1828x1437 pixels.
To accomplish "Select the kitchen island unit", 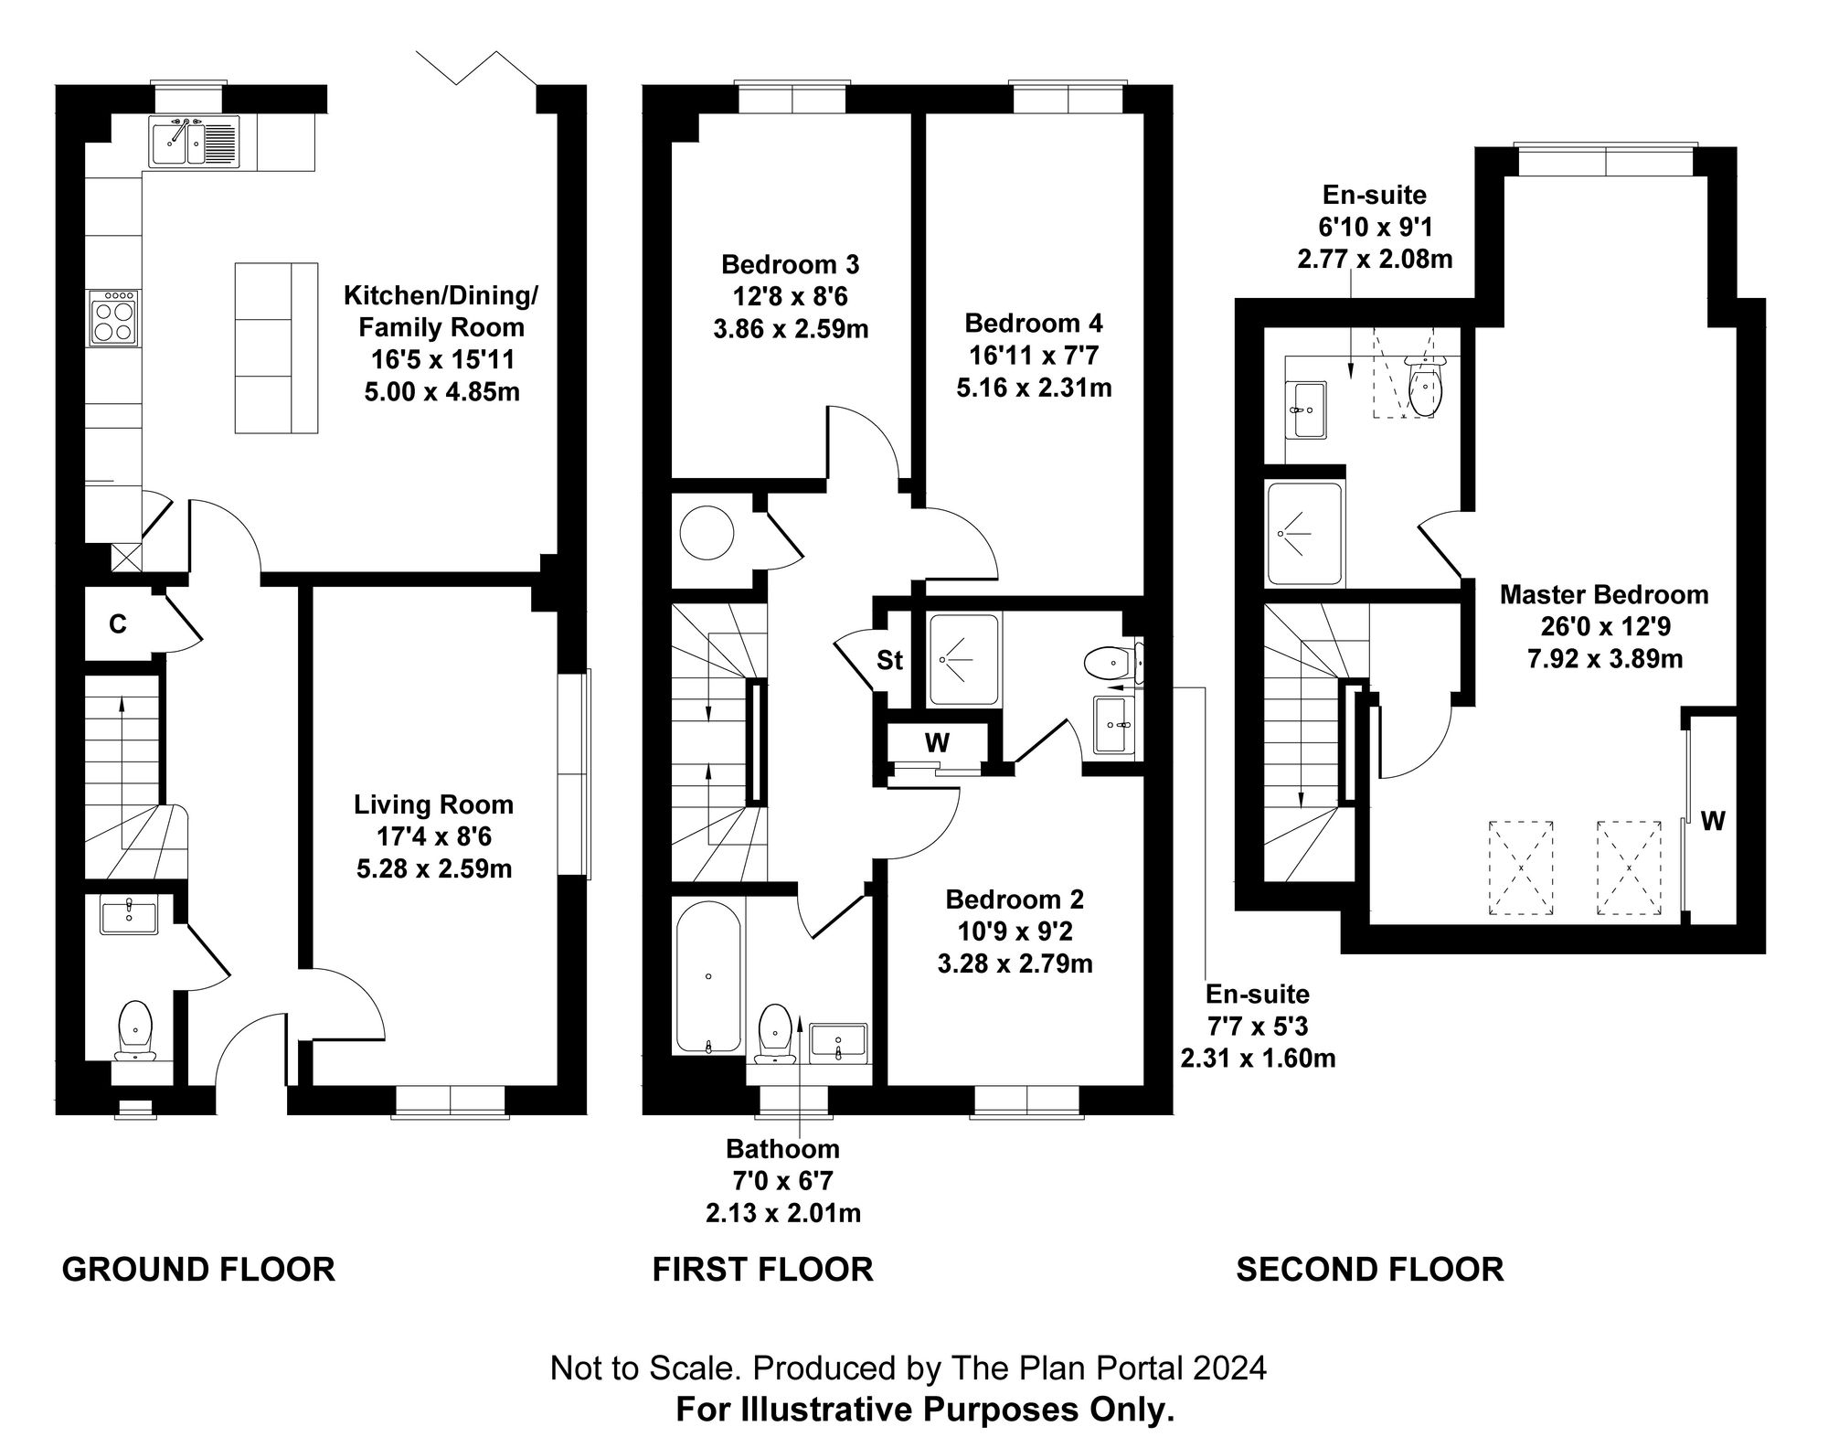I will click(276, 347).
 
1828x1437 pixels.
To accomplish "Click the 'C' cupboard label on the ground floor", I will click(117, 624).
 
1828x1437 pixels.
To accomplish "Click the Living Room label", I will click(433, 805).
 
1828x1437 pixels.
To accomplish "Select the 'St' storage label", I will click(889, 660).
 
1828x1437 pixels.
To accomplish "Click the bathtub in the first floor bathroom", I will click(708, 976).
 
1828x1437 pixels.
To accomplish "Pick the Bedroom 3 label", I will click(790, 265).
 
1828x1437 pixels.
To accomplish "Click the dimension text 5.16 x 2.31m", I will click(1034, 388).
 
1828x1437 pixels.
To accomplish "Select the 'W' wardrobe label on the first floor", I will click(936, 743).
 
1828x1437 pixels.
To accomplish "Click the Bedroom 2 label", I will click(1015, 899).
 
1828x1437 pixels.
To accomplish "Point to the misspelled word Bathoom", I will click(782, 1148).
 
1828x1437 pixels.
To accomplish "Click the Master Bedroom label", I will click(1604, 595).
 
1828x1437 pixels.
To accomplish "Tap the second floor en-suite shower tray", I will click(1305, 534).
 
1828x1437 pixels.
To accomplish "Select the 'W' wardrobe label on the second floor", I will click(1713, 822).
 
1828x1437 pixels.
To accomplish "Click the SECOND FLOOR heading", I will click(1369, 1270).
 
